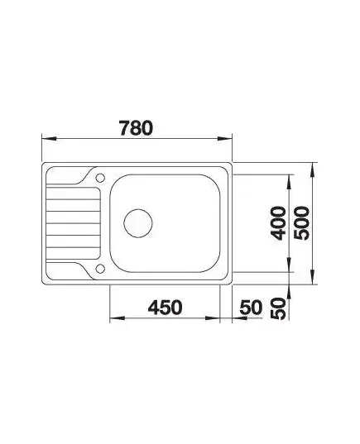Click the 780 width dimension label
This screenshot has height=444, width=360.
click(x=136, y=128)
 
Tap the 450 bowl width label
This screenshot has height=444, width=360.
click(x=165, y=308)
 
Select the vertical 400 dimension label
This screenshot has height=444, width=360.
click(x=278, y=223)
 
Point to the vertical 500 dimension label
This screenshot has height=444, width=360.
click(x=301, y=223)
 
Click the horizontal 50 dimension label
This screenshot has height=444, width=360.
click(x=251, y=308)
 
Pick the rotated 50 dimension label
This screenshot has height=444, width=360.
click(x=278, y=308)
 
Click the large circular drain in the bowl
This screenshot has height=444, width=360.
click(x=138, y=223)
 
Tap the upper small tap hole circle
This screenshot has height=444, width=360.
click(x=100, y=178)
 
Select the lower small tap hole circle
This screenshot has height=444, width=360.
click(x=100, y=269)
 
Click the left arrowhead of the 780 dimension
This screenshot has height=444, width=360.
click(x=49, y=138)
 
